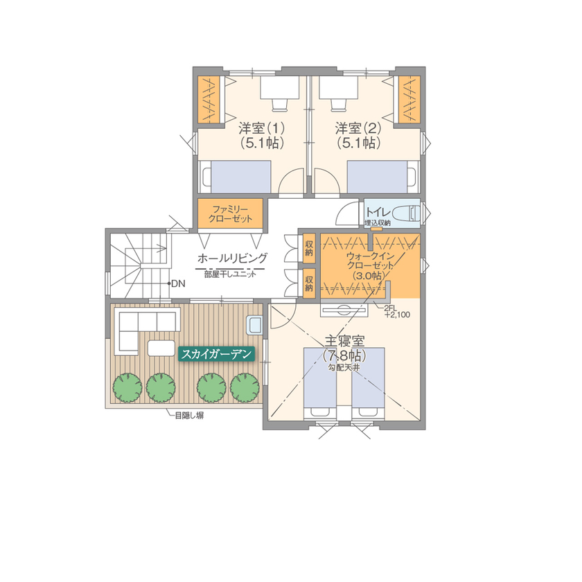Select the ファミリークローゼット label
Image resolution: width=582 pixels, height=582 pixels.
230,213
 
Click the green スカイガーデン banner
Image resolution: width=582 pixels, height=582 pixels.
217,353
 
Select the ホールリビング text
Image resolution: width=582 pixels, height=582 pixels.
232,258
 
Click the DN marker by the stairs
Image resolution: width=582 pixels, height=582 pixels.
177,283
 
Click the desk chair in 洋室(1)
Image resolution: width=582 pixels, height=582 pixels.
279,104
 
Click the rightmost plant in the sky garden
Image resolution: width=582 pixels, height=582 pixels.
244,387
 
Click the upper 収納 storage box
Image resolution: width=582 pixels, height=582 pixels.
308,249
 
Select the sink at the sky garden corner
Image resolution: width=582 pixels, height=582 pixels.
254,324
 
